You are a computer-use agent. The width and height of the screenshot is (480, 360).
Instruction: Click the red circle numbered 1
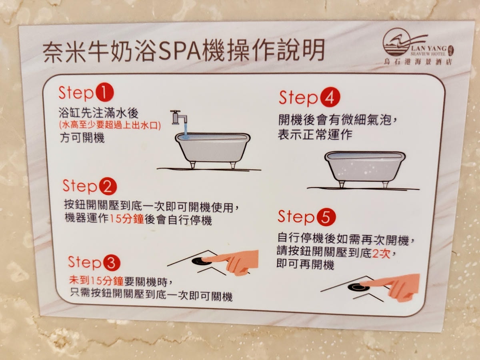[104, 92]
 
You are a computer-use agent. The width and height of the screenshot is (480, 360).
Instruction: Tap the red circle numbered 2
[108, 186]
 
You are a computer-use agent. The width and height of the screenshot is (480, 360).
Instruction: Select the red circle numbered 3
[111, 262]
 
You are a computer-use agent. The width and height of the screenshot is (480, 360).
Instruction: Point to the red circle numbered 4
[330, 98]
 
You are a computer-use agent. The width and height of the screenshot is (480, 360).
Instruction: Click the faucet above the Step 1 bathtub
[179, 118]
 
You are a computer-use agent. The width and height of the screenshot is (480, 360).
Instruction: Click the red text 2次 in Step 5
[381, 253]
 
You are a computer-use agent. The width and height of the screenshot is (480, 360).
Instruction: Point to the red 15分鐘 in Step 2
[126, 219]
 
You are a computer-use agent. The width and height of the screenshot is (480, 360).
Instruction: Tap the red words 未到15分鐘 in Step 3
[96, 280]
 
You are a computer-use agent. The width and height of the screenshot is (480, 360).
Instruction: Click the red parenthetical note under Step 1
[110, 126]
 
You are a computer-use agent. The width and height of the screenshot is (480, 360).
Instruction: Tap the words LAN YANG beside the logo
[429, 48]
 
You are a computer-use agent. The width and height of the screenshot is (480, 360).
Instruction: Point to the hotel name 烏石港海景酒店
[418, 62]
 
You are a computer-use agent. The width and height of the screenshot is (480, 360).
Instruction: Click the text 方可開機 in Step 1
[82, 138]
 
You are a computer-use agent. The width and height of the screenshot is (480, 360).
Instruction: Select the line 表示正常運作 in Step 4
[315, 134]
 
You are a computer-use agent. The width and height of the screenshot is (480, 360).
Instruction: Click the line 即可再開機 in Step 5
[305, 264]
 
